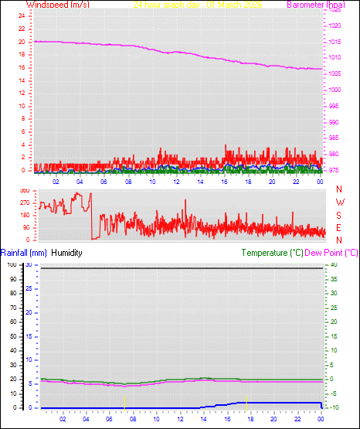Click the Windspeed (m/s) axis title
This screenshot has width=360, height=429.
(x=57, y=5)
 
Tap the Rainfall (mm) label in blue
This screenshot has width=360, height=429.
(x=24, y=252)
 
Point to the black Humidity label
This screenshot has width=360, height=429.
(x=66, y=252)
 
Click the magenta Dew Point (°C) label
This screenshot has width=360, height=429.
(x=331, y=252)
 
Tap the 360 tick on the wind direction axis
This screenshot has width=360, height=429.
(x=23, y=190)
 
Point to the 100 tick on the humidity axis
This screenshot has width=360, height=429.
(x=12, y=264)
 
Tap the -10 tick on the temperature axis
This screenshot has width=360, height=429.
(x=331, y=407)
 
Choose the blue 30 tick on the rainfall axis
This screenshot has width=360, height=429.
(x=28, y=264)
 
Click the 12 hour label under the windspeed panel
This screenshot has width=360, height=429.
(x=176, y=181)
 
